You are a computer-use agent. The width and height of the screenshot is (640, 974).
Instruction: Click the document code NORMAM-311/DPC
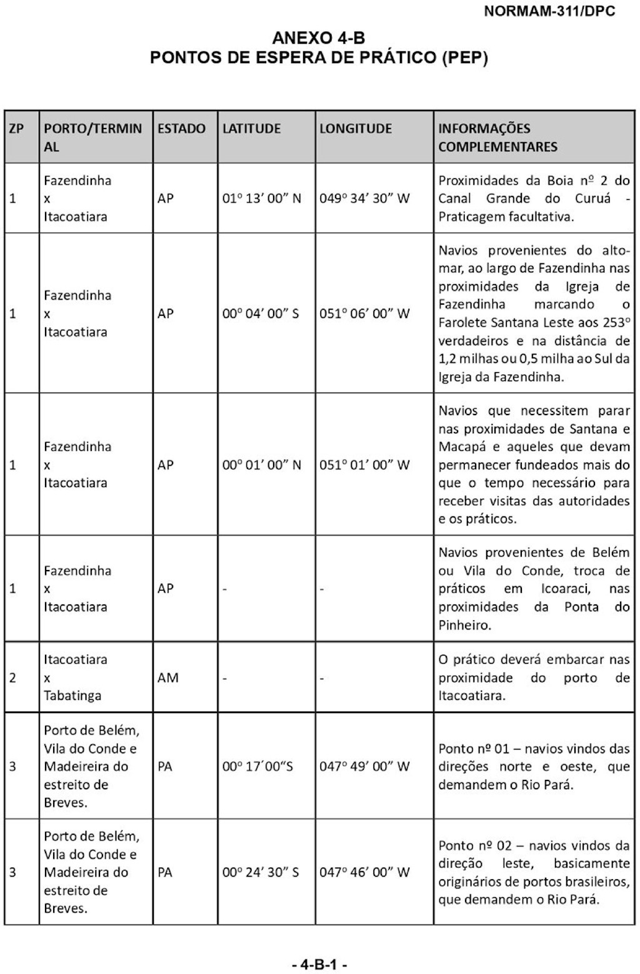point(549,11)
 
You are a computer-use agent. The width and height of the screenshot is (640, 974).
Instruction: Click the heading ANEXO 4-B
point(319,38)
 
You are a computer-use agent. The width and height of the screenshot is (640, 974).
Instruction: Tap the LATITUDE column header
point(251,129)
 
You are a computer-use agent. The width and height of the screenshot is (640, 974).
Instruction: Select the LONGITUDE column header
point(355,129)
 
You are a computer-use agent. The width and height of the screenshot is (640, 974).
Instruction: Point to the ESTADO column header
point(181,129)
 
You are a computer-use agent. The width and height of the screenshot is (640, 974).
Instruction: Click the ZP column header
point(16,129)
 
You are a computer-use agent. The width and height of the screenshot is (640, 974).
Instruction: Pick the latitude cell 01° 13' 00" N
point(261,199)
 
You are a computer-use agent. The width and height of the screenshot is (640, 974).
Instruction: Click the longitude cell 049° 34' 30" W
point(364,199)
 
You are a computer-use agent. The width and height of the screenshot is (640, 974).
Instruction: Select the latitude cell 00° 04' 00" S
point(261,313)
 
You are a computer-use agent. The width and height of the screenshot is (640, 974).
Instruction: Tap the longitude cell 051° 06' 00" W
point(364,313)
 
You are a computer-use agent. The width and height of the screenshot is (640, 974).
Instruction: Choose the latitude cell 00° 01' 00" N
point(261,465)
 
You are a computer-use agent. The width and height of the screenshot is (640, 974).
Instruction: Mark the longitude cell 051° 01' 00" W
point(364,465)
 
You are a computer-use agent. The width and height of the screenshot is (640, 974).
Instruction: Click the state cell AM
point(167,677)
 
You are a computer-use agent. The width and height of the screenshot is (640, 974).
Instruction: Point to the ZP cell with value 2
point(12,677)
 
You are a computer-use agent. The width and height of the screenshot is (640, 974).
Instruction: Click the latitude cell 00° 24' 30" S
point(261,872)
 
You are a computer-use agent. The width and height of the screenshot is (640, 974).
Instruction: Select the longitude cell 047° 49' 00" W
point(364,766)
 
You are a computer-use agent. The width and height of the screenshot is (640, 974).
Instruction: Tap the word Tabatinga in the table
point(72,696)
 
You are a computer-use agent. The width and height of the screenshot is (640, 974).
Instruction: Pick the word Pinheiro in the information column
point(463,625)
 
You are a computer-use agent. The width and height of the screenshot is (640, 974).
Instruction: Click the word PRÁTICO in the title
point(397,58)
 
